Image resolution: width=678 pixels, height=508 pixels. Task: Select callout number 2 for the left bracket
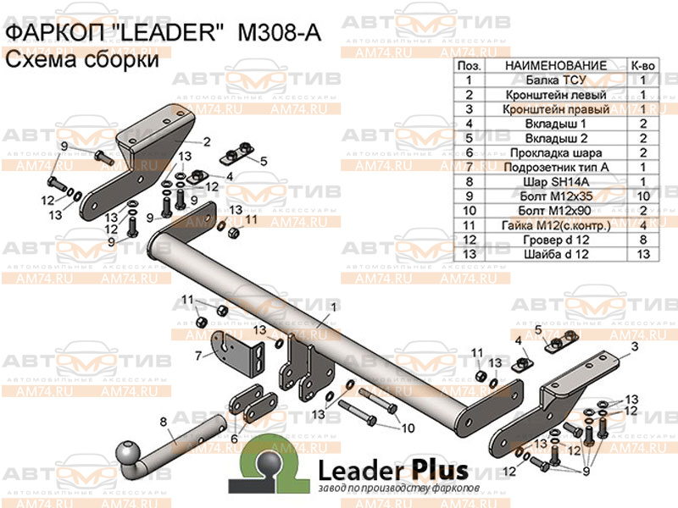click(x=206, y=141)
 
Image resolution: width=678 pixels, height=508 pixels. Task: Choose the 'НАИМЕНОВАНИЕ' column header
click(x=555, y=66)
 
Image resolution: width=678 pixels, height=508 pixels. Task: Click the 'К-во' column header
click(x=643, y=66)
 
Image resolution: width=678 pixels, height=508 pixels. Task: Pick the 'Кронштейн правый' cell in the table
click(x=555, y=109)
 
